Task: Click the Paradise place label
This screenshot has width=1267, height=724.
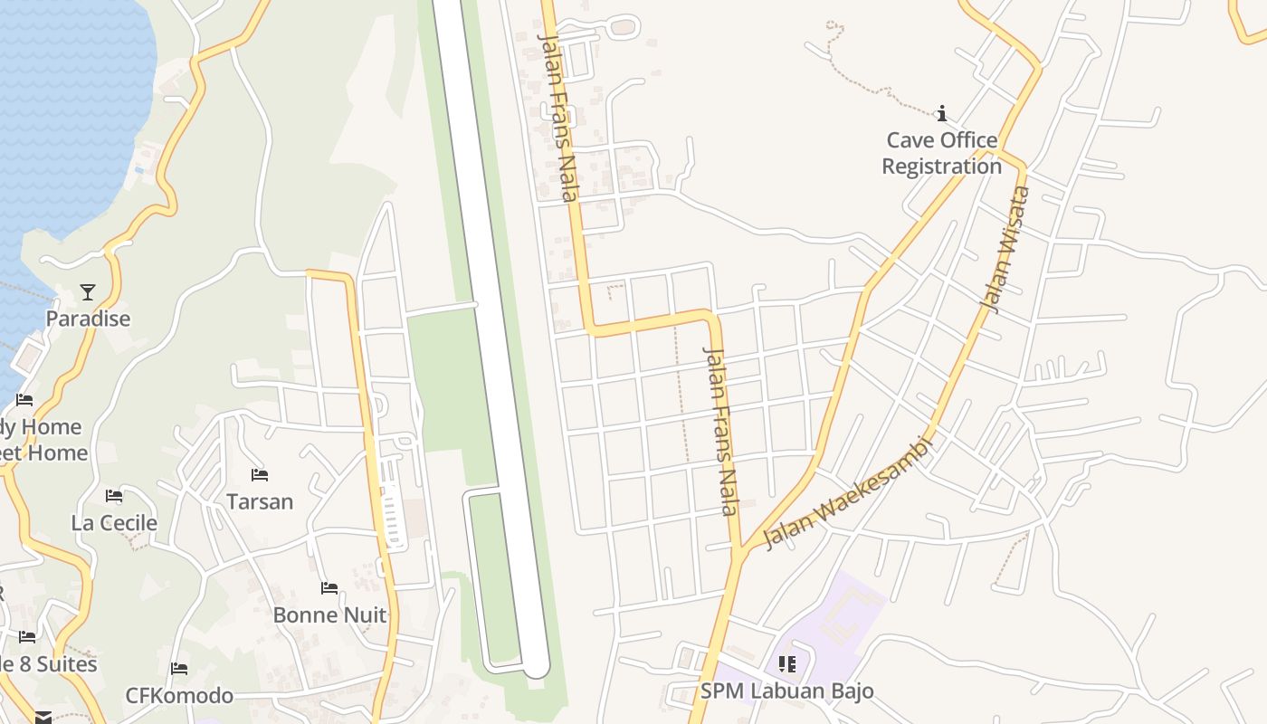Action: coord(88,319)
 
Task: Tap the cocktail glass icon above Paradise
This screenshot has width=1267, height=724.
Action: coord(88,291)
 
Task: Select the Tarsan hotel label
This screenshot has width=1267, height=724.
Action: coord(260,501)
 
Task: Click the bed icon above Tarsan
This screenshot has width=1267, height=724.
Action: coord(260,474)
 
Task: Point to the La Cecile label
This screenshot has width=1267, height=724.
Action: coord(114,522)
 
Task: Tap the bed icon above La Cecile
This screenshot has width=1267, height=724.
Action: coord(114,495)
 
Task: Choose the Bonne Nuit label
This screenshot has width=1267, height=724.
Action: coord(329,614)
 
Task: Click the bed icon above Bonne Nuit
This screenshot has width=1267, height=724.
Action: coord(329,588)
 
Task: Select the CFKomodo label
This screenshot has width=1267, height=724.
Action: coord(179,695)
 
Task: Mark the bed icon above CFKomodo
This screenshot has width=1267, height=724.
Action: coord(179,669)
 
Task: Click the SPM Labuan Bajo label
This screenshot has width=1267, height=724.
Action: coord(786,691)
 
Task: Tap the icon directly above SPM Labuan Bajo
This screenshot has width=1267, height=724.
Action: coord(786,664)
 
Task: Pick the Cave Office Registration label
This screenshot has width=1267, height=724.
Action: coord(941,153)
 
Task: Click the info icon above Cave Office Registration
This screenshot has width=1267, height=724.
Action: coord(941,113)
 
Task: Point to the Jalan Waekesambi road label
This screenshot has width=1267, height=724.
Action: coord(847,493)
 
